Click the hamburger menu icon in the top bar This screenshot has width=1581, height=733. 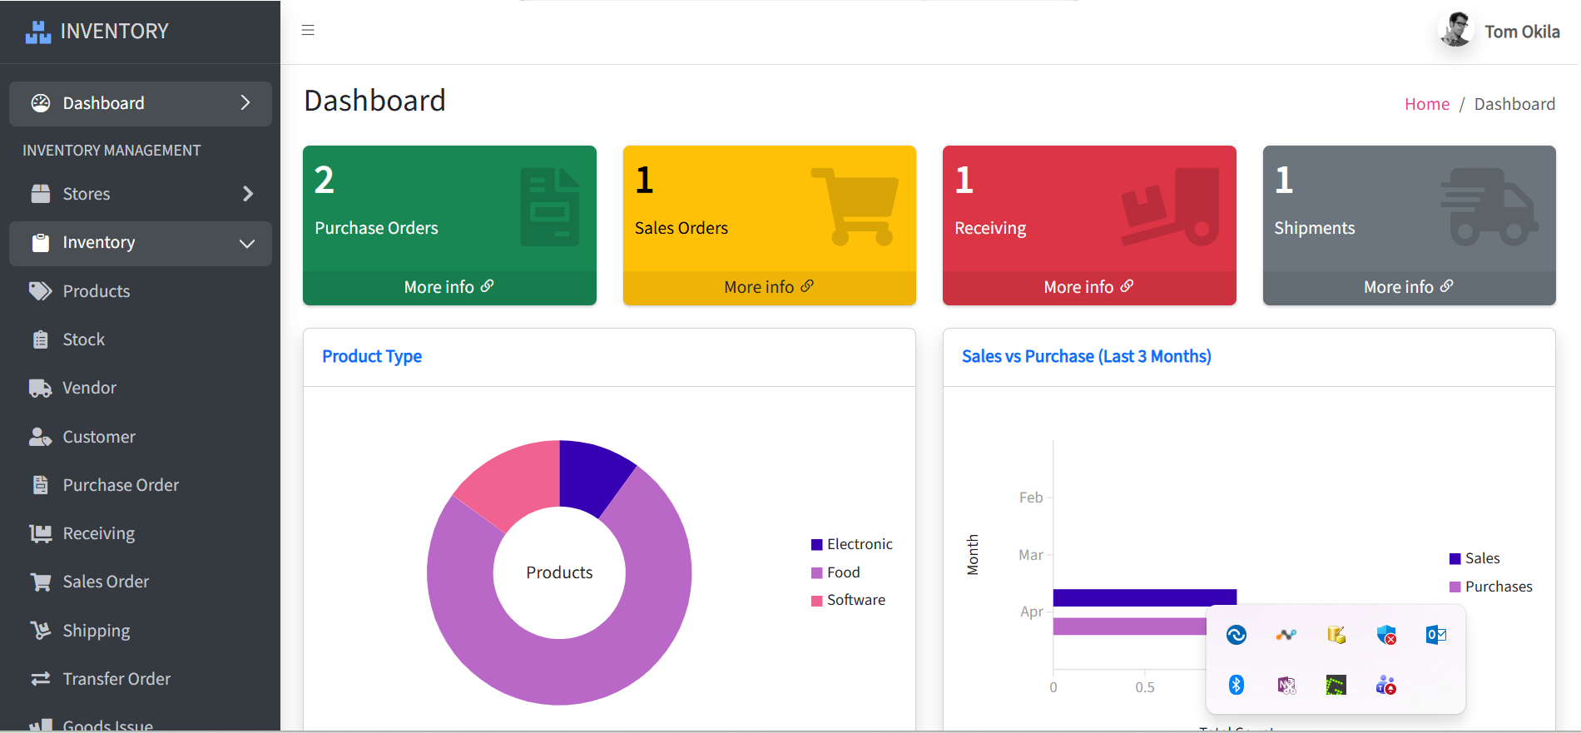tap(308, 31)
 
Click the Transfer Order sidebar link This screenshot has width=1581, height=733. tap(101, 679)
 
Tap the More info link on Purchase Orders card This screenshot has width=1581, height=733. tap(449, 287)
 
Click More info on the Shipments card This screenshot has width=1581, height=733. tap(1409, 287)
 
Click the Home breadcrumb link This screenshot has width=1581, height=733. tap(1427, 104)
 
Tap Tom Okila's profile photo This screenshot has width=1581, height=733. tap(1456, 31)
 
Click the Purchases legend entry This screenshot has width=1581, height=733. tap(1491, 587)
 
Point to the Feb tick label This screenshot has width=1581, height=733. tap(1031, 498)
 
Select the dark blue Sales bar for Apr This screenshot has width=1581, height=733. tap(1145, 597)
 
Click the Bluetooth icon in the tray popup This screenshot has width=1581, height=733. tap(1237, 685)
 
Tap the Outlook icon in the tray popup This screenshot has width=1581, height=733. tap(1436, 635)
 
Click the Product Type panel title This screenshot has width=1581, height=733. tap(372, 356)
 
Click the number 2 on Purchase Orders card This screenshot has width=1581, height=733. tap(325, 180)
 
